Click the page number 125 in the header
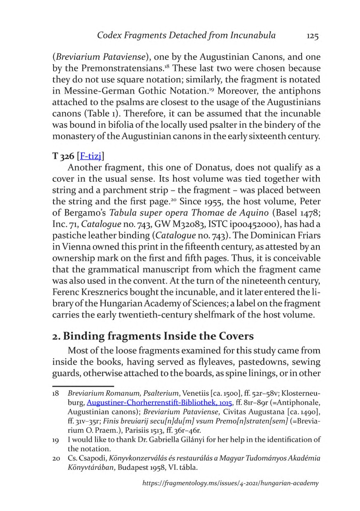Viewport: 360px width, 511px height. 313,36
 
